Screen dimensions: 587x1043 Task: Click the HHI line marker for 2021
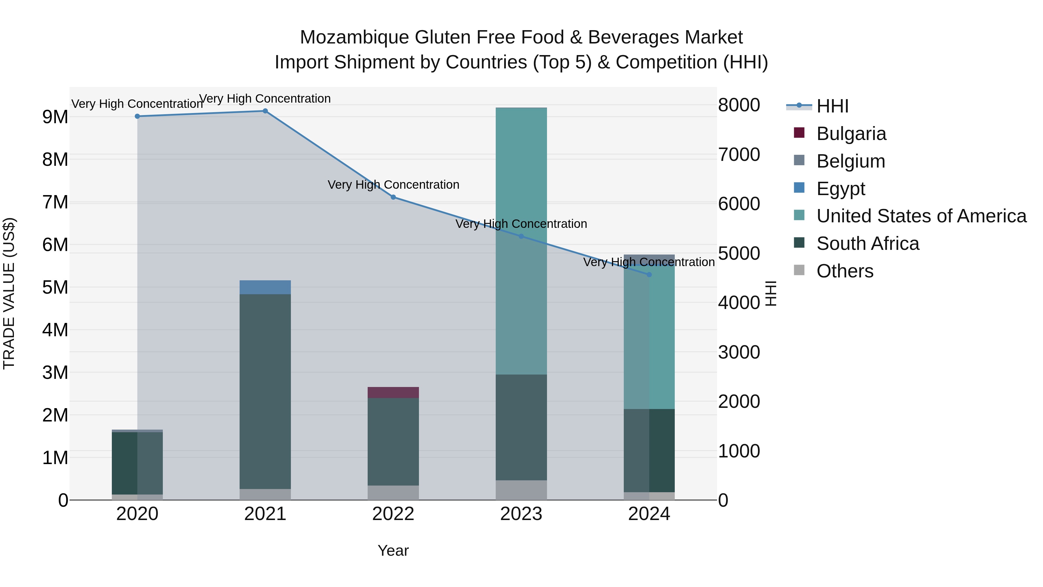tap(265, 111)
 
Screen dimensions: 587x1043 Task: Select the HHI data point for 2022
tap(393, 197)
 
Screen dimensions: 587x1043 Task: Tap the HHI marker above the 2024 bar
tap(649, 275)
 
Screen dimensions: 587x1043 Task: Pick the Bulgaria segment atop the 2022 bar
tap(393, 392)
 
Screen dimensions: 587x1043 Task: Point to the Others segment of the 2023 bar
tap(521, 490)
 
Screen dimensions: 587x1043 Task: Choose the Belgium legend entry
tap(850, 161)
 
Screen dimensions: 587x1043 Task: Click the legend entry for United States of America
tap(921, 216)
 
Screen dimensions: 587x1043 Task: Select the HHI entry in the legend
tap(832, 106)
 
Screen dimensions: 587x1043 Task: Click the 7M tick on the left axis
tap(55, 202)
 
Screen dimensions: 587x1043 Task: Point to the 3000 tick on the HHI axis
tap(739, 352)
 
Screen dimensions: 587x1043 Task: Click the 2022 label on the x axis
tap(393, 514)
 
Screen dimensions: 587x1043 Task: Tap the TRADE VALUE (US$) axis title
tap(9, 293)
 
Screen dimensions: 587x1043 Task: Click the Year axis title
tap(393, 550)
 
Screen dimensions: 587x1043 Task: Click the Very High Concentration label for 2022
tap(393, 185)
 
